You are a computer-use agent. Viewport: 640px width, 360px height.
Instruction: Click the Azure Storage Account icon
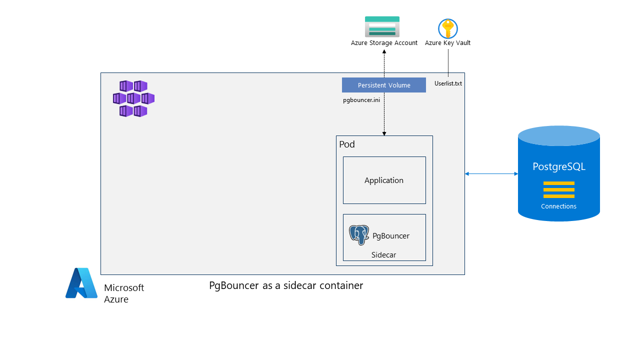click(382, 26)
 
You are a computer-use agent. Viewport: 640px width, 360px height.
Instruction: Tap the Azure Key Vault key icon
click(447, 28)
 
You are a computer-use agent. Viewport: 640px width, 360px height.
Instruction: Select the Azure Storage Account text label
click(384, 43)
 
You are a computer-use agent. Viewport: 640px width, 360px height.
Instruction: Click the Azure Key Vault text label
click(447, 43)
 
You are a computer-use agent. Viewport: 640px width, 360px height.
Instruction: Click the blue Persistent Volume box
click(383, 85)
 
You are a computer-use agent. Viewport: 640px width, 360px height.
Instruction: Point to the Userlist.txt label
click(448, 83)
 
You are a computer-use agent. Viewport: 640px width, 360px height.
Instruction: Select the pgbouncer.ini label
click(361, 100)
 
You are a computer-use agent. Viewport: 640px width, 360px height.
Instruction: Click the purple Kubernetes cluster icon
click(133, 98)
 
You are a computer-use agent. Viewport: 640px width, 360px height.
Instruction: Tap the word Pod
click(347, 144)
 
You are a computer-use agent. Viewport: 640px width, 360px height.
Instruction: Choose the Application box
click(384, 180)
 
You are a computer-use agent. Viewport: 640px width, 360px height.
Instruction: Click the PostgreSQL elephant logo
click(359, 234)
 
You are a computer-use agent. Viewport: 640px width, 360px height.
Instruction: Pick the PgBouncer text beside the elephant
click(391, 236)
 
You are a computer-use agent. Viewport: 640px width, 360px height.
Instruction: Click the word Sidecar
click(383, 255)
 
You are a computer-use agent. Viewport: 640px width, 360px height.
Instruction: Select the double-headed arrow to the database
click(491, 173)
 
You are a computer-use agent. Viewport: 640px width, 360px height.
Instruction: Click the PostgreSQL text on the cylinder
click(558, 166)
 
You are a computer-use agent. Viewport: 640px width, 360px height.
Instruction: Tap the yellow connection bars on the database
click(558, 189)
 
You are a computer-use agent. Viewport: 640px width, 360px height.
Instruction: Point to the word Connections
click(558, 206)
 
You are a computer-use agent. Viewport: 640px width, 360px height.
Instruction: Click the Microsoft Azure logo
click(81, 283)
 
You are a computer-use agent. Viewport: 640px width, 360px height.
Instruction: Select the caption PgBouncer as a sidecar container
click(285, 286)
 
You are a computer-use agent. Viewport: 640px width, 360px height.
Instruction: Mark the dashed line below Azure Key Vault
click(448, 62)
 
